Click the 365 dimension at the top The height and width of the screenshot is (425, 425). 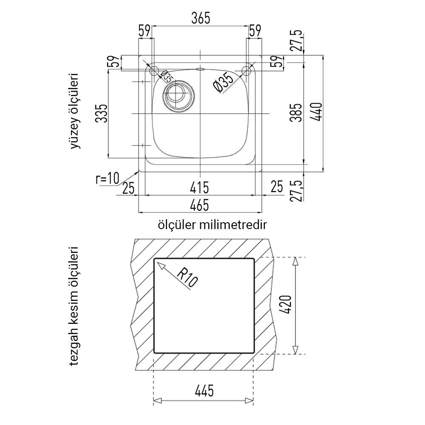click(201, 18)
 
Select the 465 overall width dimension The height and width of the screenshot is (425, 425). click(199, 205)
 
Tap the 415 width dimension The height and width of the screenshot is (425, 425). click(199, 188)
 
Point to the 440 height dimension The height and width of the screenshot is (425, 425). click(317, 112)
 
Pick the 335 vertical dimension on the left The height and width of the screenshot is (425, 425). click(102, 113)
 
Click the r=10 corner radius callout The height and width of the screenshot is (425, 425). click(108, 178)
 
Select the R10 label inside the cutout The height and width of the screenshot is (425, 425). click(187, 278)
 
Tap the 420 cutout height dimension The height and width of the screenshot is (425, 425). click(286, 305)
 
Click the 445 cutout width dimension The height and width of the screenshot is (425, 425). click(204, 391)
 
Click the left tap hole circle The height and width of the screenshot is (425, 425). click(155, 71)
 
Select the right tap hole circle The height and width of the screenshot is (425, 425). click(246, 71)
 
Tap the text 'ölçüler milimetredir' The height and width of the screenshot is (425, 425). click(212, 225)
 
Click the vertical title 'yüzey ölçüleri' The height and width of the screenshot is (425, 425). click(75, 111)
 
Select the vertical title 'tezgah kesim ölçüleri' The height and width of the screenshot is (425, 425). click(74, 306)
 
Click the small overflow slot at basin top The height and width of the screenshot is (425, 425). click(201, 69)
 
